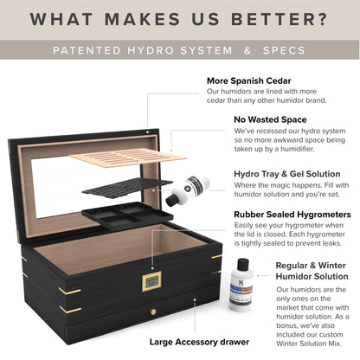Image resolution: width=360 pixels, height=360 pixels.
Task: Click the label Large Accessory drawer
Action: [199, 341]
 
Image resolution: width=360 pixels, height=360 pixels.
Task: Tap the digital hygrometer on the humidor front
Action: [152, 280]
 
